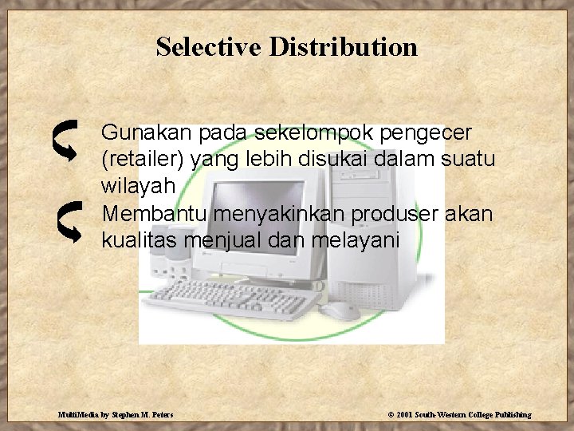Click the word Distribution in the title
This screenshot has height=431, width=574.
pos(343,46)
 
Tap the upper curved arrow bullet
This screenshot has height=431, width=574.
pos(67,138)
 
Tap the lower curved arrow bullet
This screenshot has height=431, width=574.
pos(68,221)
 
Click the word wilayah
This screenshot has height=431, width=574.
pos(135,186)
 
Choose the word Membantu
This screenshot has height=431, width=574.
pos(147,213)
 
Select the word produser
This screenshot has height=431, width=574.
pos(410,213)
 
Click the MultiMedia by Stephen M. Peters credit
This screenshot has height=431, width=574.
pos(116,415)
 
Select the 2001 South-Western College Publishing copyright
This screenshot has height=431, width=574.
pos(459,415)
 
